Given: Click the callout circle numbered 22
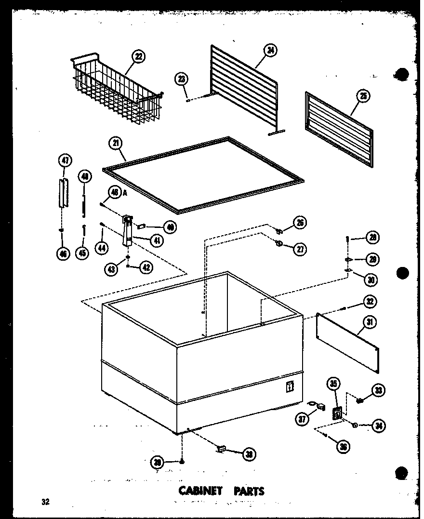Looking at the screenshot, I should (139, 57).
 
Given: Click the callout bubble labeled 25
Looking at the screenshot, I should (363, 96).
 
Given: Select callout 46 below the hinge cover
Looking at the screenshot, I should (63, 253).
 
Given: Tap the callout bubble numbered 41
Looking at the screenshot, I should (156, 240).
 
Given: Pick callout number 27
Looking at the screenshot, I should (300, 249).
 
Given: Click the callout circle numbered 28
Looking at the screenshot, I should (372, 238).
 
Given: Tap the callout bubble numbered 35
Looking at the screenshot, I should (334, 384).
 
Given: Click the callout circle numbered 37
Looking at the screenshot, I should (302, 420).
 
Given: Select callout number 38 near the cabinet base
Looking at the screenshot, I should (249, 454).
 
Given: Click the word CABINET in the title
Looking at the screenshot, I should (200, 491).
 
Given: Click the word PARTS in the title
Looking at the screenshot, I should (249, 491).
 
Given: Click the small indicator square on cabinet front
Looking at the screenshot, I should (290, 386).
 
